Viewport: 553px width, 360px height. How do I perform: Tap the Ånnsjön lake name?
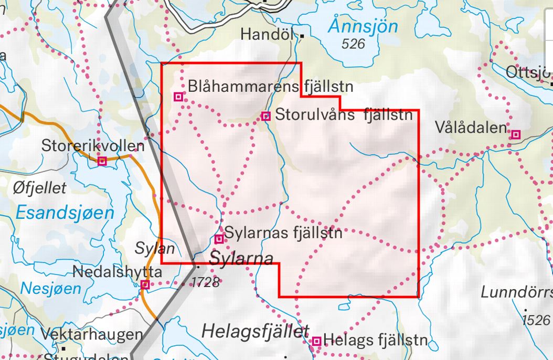tap(364, 26)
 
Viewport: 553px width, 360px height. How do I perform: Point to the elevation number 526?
tap(353, 44)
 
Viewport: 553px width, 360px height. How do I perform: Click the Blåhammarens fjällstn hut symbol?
tap(178, 97)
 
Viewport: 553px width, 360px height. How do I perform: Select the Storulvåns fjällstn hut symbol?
tap(266, 116)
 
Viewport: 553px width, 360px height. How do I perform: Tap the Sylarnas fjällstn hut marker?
tap(219, 239)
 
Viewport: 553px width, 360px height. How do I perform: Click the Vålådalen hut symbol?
tap(516, 135)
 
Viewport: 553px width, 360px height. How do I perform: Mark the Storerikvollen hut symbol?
tap(102, 161)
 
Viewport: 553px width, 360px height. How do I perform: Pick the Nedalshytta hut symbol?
tap(145, 285)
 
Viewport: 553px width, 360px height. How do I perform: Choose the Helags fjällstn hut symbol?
tap(316, 342)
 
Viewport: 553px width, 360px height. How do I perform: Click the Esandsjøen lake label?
tap(65, 213)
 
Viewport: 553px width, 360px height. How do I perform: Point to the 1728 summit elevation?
tap(205, 282)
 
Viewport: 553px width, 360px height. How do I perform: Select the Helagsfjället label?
tap(255, 331)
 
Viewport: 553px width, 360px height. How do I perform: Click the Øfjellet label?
tap(40, 187)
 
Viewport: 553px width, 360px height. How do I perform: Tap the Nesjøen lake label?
tap(51, 288)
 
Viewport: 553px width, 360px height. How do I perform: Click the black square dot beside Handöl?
tap(303, 36)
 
